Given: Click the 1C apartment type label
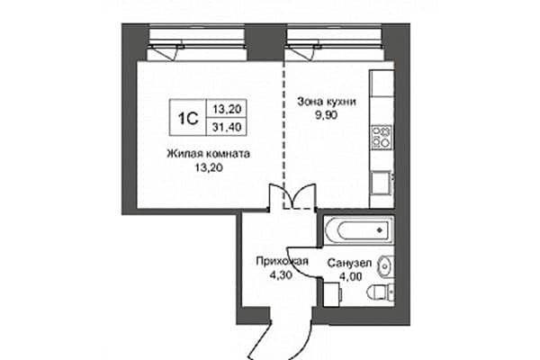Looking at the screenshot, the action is click(188, 118).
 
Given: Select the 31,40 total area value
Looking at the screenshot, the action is click(227, 127).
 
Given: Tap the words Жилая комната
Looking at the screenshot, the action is click(209, 154).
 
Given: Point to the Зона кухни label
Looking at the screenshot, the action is click(327, 102).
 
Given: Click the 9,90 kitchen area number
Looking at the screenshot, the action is click(327, 115).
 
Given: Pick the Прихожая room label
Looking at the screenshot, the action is click(282, 262).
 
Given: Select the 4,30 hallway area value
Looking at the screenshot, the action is click(281, 275).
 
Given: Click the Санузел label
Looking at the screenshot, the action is click(349, 264).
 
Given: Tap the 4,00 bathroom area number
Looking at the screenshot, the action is click(350, 276).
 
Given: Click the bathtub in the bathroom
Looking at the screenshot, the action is click(358, 229).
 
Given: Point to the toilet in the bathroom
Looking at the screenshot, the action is click(381, 293).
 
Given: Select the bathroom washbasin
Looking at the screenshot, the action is click(385, 266).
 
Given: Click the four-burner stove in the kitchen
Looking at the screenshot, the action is click(382, 137).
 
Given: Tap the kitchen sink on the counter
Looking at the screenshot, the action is click(382, 184).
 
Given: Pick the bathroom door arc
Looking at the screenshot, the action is click(303, 264).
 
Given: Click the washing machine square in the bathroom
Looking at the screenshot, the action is click(332, 294).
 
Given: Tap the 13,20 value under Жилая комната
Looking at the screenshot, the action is click(209, 167).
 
